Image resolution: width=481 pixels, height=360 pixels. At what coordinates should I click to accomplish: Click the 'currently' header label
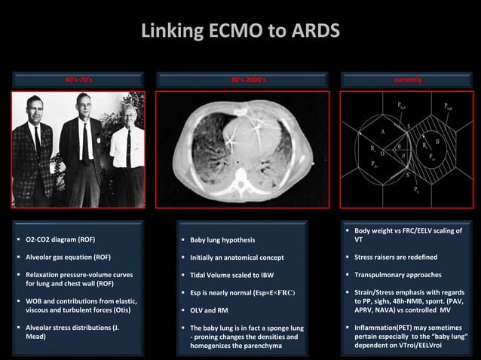[x=408, y=79]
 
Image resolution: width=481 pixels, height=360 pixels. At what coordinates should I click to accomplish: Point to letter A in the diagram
[x=382, y=132]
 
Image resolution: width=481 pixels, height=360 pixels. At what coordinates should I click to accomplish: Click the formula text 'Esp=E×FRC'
[x=271, y=292]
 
